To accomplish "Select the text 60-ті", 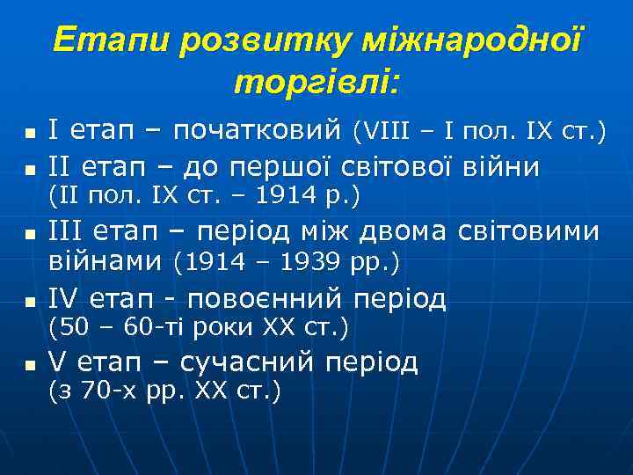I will (143, 328).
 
